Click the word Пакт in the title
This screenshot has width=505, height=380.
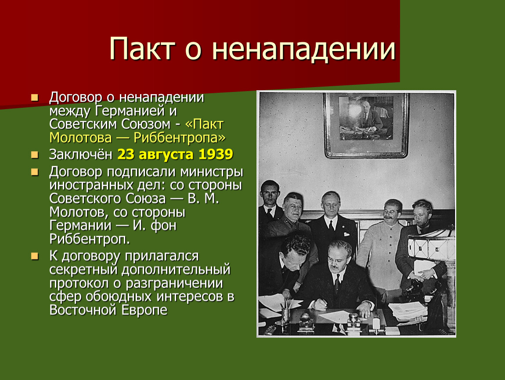pos(142,49)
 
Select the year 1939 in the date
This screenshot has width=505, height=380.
pos(216,154)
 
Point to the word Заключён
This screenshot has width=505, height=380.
pos(80,154)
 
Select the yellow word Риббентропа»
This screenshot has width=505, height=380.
pos(180,138)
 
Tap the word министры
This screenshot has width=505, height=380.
pos(212,172)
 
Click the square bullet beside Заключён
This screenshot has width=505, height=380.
pos(35,155)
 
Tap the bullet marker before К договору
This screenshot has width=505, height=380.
pos(35,256)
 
